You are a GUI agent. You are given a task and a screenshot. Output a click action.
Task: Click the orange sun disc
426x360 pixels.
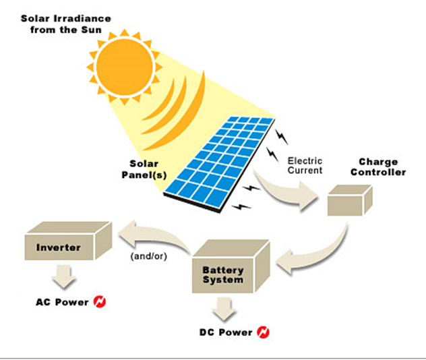point(125,67)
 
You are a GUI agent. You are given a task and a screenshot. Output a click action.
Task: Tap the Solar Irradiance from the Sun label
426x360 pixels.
point(66,24)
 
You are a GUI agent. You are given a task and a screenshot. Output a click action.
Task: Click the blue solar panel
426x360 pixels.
point(220,164)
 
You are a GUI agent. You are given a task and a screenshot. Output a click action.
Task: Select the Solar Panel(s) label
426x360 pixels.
point(144,169)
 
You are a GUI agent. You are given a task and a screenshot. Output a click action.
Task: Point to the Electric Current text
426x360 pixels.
point(305,165)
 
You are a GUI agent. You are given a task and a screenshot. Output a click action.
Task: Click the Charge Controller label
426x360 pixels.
point(378,167)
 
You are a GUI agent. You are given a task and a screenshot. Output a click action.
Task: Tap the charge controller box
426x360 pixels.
point(350,200)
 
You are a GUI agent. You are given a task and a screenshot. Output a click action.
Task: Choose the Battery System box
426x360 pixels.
point(231,266)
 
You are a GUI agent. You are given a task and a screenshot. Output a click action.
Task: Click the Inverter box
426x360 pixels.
point(68,241)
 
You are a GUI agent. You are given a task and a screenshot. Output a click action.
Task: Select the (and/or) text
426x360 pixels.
point(148,256)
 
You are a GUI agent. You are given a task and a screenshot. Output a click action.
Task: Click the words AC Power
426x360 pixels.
point(62,302)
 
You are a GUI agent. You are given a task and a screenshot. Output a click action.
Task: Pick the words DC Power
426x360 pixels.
point(226,332)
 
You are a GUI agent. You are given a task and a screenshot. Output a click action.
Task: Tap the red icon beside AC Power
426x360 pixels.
point(100,302)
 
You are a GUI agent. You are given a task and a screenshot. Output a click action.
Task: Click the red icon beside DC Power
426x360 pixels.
point(264,332)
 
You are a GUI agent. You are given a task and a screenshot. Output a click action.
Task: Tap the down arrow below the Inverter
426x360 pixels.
point(64,276)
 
